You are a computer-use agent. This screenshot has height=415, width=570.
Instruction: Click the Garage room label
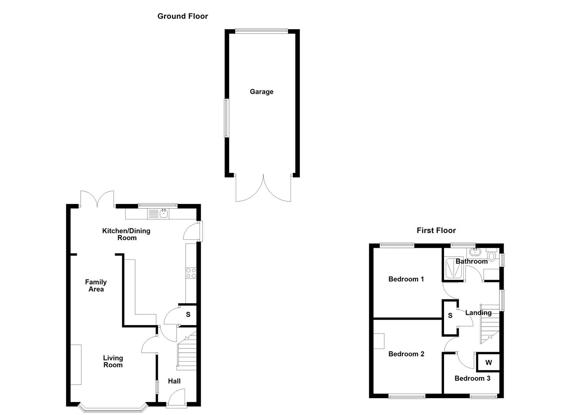click(261, 91)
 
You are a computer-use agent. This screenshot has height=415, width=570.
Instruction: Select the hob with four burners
click(191, 273)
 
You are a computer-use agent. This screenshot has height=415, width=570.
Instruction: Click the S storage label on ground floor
click(188, 314)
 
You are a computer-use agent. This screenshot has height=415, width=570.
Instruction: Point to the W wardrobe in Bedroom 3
click(488, 362)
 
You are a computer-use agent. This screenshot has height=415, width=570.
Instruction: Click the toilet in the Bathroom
click(492, 256)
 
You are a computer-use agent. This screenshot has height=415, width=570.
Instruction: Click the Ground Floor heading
click(182, 16)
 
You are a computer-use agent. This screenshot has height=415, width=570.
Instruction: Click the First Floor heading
click(436, 230)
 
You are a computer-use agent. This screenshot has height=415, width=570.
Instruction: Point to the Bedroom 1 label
click(406, 279)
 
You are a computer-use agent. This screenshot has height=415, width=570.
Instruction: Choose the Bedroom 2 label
click(406, 354)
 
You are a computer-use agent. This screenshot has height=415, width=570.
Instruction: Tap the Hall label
click(174, 381)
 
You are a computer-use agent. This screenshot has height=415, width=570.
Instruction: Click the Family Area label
click(96, 286)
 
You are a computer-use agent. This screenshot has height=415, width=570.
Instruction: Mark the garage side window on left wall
click(226, 118)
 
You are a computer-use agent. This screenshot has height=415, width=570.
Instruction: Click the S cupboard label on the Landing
click(450, 315)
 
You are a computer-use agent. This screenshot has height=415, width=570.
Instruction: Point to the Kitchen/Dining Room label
click(126, 234)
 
